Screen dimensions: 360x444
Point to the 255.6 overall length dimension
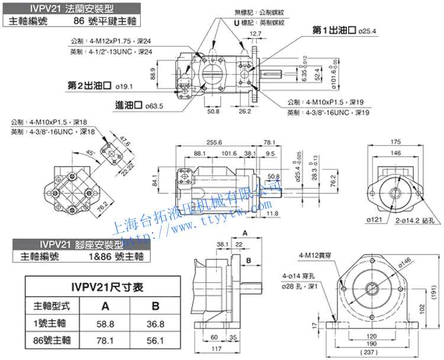(214, 143)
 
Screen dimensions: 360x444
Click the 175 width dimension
(395, 142)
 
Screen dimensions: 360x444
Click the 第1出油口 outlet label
(336, 30)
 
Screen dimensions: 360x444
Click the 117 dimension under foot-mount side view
(216, 348)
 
